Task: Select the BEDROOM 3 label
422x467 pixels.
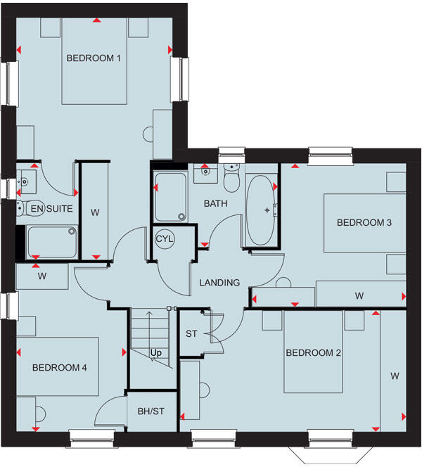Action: (x=364, y=223)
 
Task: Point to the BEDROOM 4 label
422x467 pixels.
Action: (x=59, y=367)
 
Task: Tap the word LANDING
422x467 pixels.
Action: (x=219, y=283)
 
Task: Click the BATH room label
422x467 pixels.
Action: (x=215, y=204)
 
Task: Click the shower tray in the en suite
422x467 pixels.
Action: (x=51, y=242)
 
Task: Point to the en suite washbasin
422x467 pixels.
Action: (x=25, y=181)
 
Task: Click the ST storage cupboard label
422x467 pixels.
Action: (x=191, y=333)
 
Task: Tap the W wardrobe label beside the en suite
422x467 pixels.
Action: (x=94, y=211)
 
